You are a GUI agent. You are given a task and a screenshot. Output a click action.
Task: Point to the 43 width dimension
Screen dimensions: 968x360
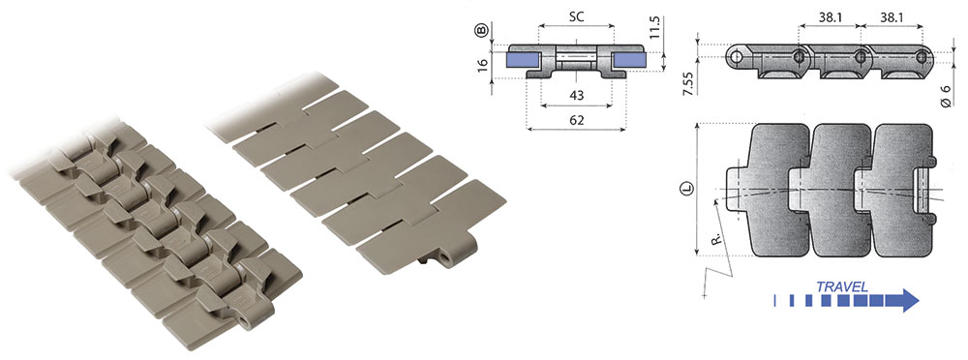pyautogui.click(x=575, y=95)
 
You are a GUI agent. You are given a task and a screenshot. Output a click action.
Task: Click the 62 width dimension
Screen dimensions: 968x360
pyautogui.click(x=575, y=120)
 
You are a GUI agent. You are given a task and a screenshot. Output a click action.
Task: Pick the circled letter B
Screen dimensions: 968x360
pyautogui.click(x=483, y=29)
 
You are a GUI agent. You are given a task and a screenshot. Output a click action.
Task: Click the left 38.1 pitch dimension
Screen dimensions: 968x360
pyautogui.click(x=830, y=18)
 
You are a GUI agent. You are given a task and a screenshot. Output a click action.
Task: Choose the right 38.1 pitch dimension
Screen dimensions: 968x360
pyautogui.click(x=892, y=18)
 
